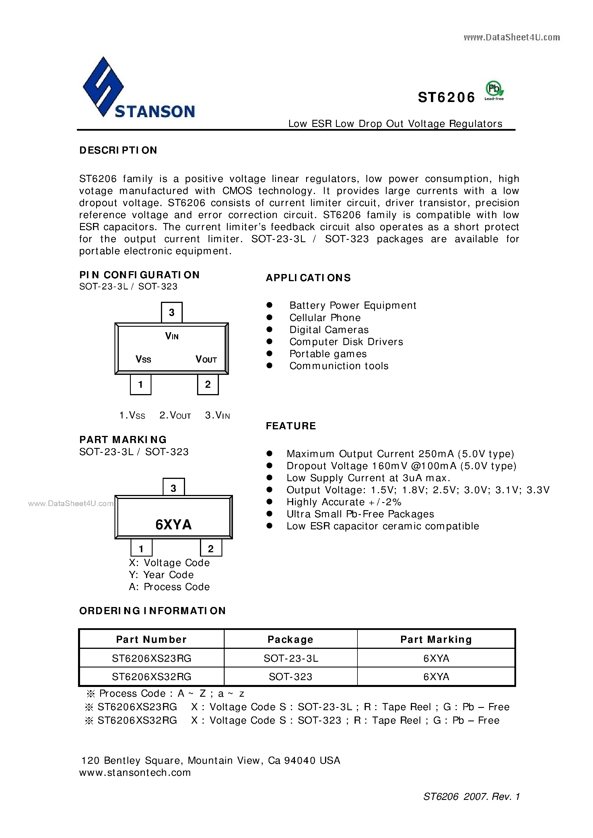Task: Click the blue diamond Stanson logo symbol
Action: pos(103,87)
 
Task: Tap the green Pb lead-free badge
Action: pos(494,90)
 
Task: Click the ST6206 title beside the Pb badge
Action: pos(446,97)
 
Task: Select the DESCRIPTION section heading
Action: pos(118,150)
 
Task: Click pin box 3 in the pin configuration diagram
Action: pos(171,312)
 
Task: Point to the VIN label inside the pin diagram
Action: pos(172,336)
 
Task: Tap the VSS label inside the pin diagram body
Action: pos(143,359)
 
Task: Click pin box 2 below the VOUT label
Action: pos(207,384)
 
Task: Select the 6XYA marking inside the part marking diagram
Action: pos(173,524)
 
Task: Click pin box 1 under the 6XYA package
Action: pos(141,548)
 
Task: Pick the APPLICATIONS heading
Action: pos(308,278)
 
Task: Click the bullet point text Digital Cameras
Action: pos(329,330)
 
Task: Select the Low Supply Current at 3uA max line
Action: pos(368,478)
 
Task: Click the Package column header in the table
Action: pos(290,639)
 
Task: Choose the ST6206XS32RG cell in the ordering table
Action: pos(151,677)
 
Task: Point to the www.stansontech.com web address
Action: pos(135,772)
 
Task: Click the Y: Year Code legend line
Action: pos(161,575)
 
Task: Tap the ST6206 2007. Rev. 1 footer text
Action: pos(471,796)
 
